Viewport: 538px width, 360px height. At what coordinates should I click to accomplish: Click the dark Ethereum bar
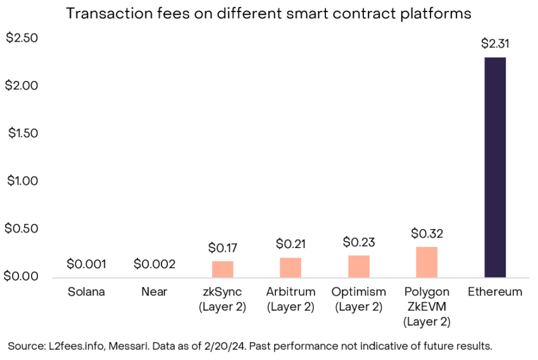coord(494,167)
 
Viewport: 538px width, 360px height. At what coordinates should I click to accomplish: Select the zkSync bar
coord(222,269)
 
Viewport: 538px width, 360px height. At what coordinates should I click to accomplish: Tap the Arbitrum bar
coord(290,267)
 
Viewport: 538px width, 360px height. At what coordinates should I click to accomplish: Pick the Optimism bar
coord(358,266)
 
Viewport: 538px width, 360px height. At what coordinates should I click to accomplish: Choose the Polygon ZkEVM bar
coord(427,262)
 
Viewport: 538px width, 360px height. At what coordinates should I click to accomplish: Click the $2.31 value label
coord(495,44)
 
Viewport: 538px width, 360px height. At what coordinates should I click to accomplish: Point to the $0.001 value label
coord(86,264)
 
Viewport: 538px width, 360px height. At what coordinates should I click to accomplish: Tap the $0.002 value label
coord(154,264)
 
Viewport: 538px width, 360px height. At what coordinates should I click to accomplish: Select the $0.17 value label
coord(223,248)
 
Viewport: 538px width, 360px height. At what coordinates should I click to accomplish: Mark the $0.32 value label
coord(427,233)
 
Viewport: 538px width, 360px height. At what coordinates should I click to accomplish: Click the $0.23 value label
coord(358,242)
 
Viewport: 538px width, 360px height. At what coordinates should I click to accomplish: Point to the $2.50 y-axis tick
coord(22,38)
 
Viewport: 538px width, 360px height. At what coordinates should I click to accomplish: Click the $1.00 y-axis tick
coord(22,181)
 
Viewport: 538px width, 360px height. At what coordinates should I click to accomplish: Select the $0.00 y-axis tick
coord(22,276)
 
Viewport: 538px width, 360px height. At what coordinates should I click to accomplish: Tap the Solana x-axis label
coord(86,292)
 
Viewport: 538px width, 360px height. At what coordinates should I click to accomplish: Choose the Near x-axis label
coord(154,292)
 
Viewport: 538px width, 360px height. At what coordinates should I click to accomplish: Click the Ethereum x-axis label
coord(495,292)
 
